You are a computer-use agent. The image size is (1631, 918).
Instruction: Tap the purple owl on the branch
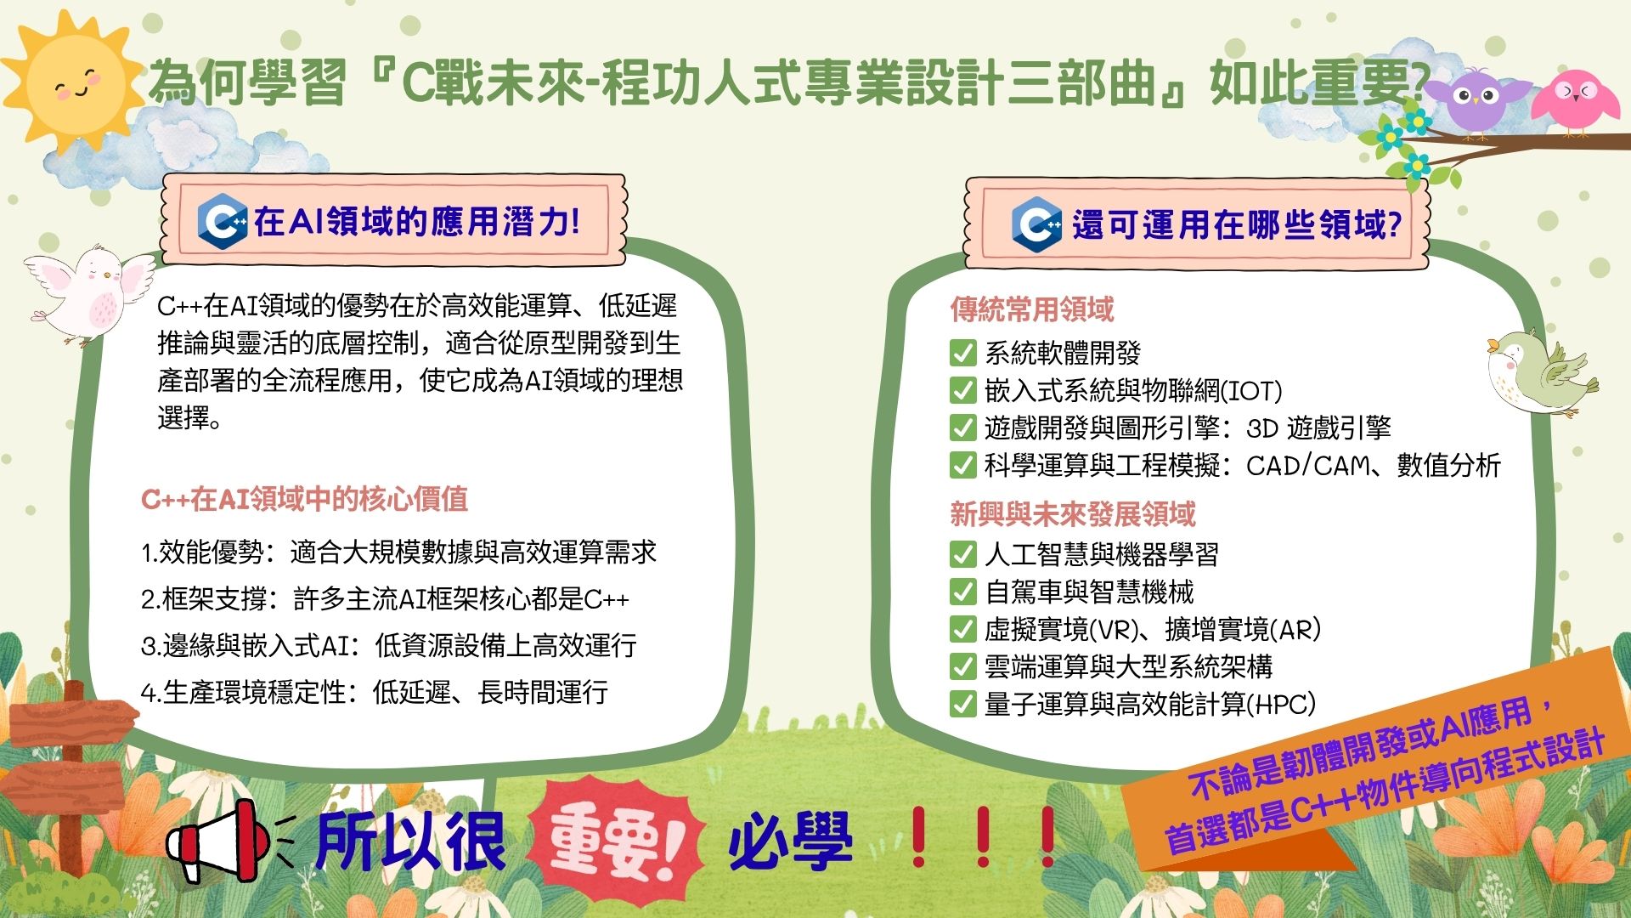[x=1479, y=99]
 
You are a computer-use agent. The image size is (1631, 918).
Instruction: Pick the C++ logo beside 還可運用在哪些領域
[x=1036, y=224]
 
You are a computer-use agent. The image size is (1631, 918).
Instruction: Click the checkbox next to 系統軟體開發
[x=962, y=353]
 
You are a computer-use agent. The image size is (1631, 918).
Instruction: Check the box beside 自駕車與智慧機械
[x=962, y=591]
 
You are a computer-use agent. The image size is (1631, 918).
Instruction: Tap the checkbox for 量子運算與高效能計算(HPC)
[x=962, y=704]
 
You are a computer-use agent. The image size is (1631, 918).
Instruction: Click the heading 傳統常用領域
[x=1031, y=309]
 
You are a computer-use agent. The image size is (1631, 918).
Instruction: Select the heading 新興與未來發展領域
[x=1073, y=514]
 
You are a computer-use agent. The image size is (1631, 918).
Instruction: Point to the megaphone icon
[x=219, y=840]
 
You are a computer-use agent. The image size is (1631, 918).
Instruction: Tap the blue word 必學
[x=790, y=841]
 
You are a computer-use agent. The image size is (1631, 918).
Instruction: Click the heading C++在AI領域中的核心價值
[x=304, y=499]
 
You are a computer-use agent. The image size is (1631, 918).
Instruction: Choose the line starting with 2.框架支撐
[x=385, y=599]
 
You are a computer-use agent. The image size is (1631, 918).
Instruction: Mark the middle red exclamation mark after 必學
[x=983, y=837]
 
